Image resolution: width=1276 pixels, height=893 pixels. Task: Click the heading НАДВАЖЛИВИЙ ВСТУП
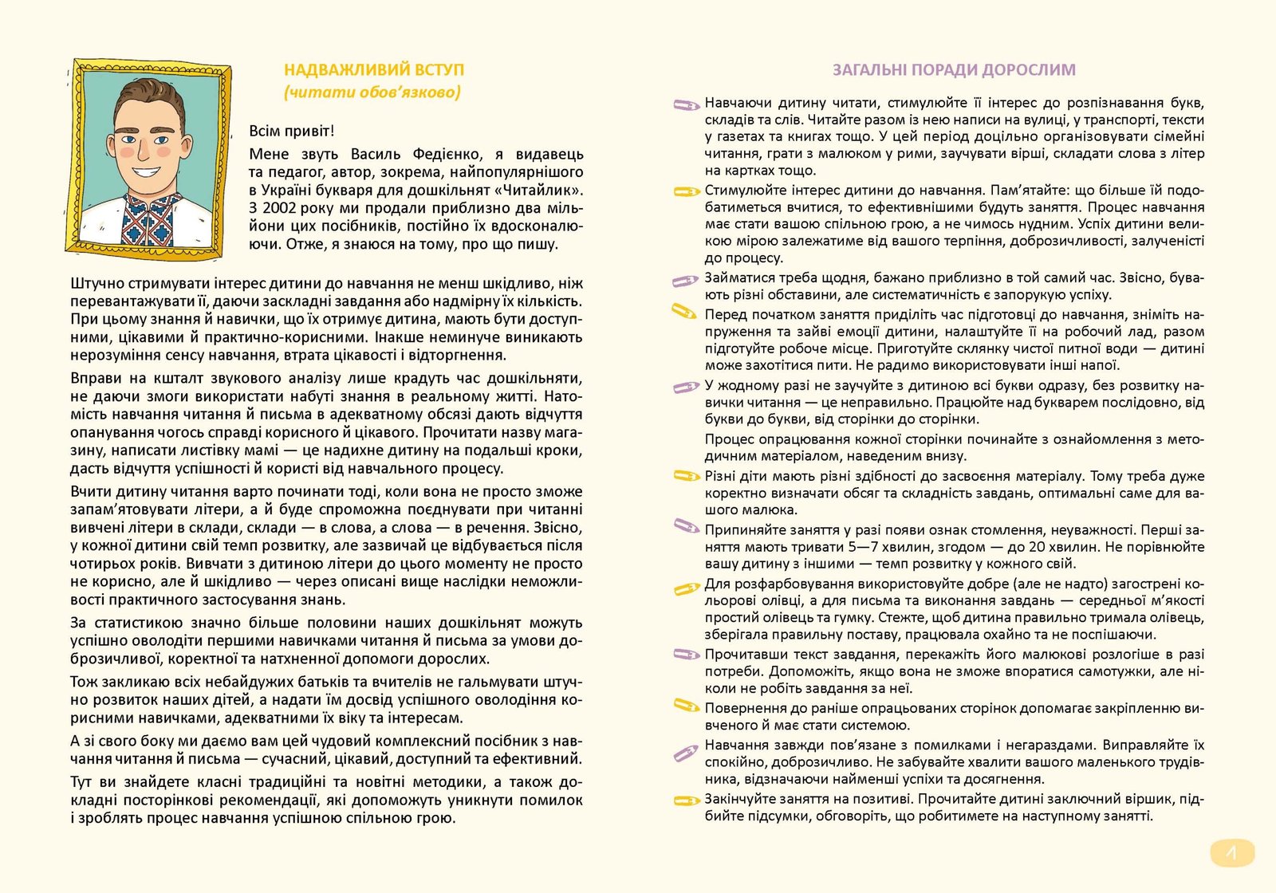coord(373,70)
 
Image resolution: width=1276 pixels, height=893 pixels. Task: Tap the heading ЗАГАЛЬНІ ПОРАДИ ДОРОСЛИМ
coord(954,70)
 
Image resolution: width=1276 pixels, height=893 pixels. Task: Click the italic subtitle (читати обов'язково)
coord(372,92)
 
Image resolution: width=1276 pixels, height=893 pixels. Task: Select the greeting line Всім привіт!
coord(292,131)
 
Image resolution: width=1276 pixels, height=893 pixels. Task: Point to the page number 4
coord(1231,854)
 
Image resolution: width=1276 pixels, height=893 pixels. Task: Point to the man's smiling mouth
coord(146,171)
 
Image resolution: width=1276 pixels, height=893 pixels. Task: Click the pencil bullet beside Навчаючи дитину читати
coord(685,104)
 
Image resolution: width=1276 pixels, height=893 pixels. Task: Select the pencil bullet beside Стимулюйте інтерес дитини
coord(685,191)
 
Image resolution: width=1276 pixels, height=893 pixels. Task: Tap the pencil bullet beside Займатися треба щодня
coord(685,280)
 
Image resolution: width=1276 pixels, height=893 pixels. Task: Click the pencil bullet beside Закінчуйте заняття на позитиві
coord(685,801)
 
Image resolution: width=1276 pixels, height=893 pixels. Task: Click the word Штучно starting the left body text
coord(96,283)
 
